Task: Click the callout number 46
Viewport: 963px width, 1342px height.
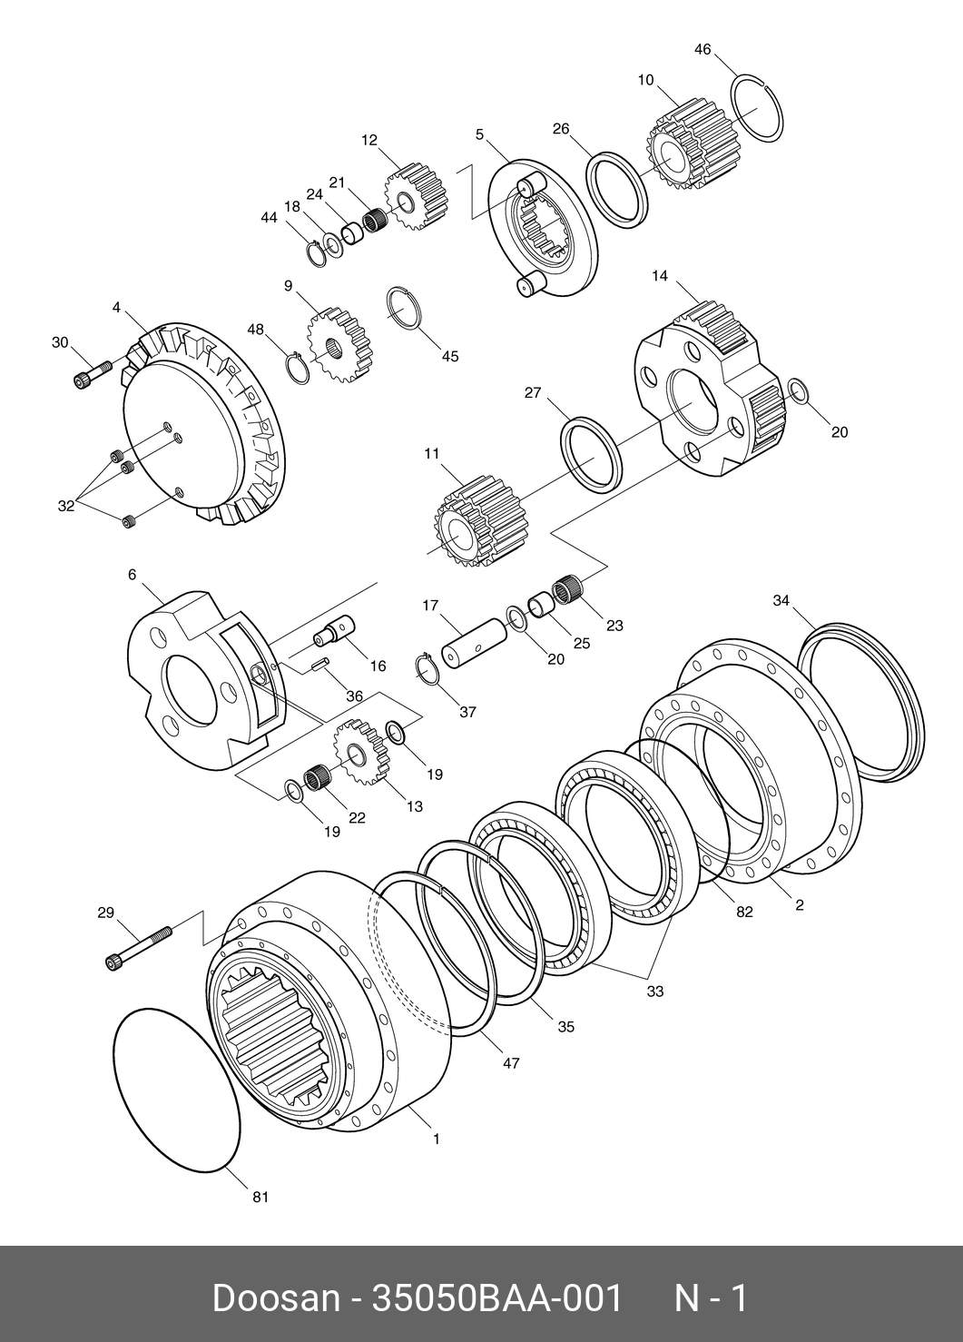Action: (x=703, y=49)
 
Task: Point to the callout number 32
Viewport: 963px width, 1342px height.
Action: (x=65, y=507)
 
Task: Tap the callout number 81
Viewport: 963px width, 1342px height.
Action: (x=260, y=1197)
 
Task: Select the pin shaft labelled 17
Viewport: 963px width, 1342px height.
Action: (x=476, y=646)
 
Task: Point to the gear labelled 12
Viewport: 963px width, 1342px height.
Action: (x=417, y=198)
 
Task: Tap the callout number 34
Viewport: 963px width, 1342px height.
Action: (x=781, y=600)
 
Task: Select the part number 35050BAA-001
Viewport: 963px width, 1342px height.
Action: (x=498, y=1298)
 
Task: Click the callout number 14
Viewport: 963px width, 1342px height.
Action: (x=660, y=275)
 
